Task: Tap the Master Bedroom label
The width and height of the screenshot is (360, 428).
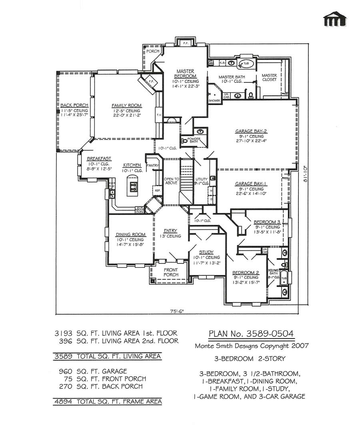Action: click(186, 74)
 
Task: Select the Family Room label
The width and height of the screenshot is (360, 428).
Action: click(126, 106)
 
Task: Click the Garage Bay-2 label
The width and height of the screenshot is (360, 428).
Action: click(251, 131)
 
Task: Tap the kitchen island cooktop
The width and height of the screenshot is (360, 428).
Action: click(133, 186)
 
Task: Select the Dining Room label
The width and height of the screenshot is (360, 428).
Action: click(130, 235)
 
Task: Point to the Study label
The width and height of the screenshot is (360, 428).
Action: click(206, 252)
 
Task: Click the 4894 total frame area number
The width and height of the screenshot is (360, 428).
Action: click(63, 401)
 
